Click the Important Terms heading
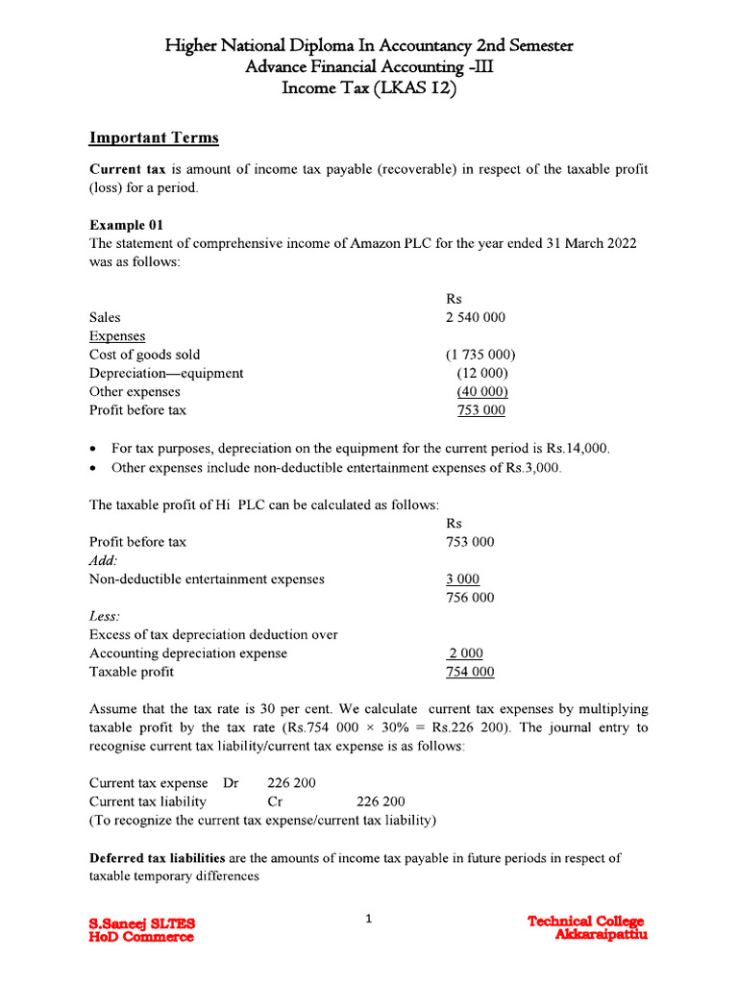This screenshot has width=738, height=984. [x=154, y=137]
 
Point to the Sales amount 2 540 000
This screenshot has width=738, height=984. [x=477, y=317]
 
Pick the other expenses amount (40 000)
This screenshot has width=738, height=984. [x=482, y=391]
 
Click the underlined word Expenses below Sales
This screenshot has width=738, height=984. [x=117, y=336]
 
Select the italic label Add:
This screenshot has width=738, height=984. [x=104, y=560]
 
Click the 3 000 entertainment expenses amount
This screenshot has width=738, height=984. [x=463, y=578]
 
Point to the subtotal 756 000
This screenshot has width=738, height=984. [x=471, y=597]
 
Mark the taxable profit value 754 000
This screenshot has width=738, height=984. [x=471, y=672]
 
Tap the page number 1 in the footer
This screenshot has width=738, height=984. [x=368, y=920]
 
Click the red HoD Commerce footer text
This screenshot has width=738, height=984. [x=141, y=937]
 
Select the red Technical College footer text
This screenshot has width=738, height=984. [x=586, y=922]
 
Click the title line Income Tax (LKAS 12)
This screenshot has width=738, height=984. [x=370, y=87]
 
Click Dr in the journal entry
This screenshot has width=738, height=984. [x=231, y=783]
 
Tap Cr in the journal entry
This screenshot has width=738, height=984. [x=275, y=801]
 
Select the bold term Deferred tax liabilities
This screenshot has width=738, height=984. [x=158, y=857]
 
